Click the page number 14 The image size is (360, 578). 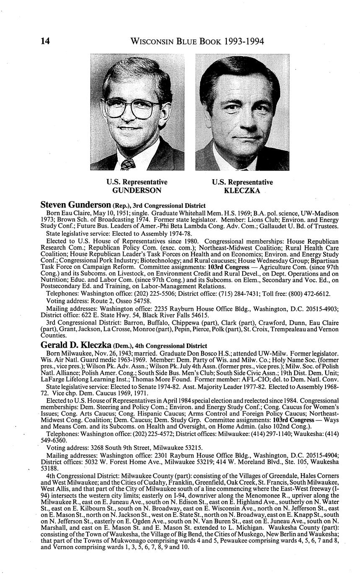[x=45, y=41]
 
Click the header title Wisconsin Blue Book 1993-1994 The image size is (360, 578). [x=197, y=41]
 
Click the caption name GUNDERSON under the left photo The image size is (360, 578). [x=137, y=190]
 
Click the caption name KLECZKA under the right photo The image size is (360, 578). [x=242, y=191]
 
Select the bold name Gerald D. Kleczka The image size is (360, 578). [x=76, y=346]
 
